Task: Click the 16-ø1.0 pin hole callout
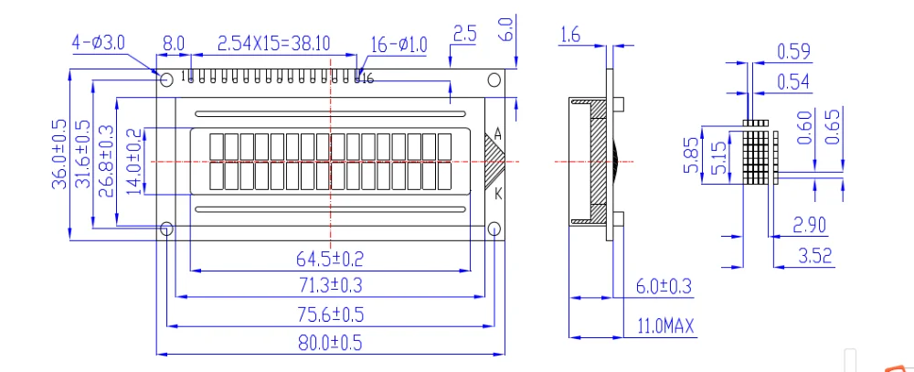pos(399,44)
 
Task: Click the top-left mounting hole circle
pos(166,80)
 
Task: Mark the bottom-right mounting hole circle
pos(494,228)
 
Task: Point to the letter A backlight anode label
pos(497,134)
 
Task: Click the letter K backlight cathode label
pos(497,194)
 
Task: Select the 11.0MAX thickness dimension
pos(660,325)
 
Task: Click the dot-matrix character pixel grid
pos(758,153)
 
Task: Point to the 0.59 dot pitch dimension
pos(794,51)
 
